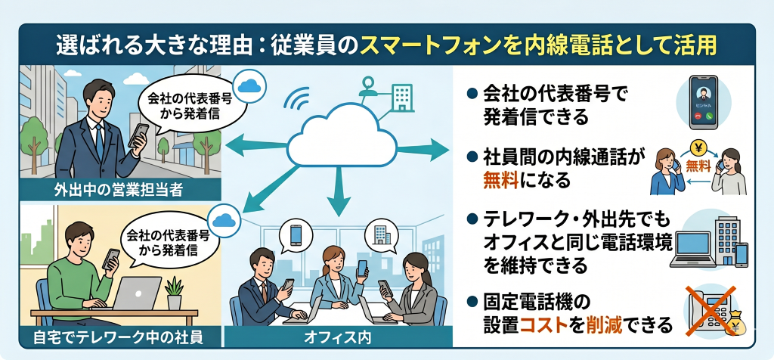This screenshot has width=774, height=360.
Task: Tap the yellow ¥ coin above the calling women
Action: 698,148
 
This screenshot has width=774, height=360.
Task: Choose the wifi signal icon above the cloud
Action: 299,98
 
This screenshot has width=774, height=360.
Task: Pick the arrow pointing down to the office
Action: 337,203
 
